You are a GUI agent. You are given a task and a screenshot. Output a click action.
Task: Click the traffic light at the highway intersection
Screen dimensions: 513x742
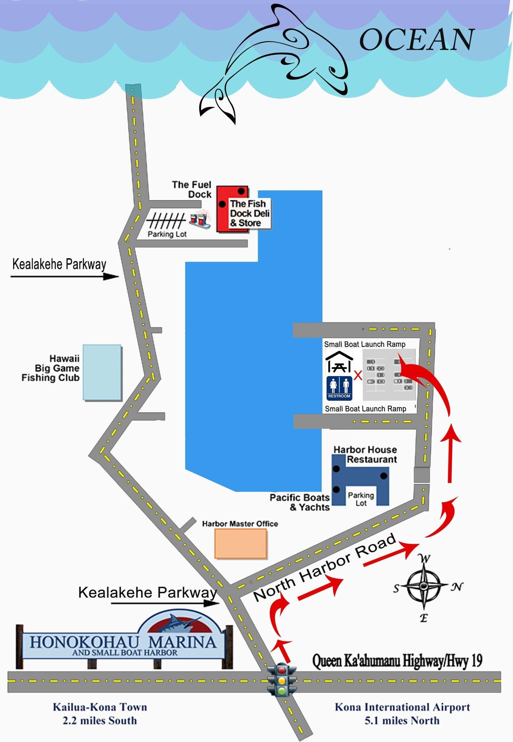coord(282,680)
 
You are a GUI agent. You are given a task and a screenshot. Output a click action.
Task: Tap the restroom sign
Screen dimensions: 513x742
coord(339,388)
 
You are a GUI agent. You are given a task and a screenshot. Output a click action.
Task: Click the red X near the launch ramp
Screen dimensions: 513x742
coord(358,375)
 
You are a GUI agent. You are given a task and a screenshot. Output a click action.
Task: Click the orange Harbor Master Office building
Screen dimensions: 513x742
coord(241,544)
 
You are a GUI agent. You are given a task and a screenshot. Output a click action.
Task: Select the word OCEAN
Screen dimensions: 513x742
coord(417,40)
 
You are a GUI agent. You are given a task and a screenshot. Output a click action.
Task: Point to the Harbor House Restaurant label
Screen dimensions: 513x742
coord(365,454)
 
